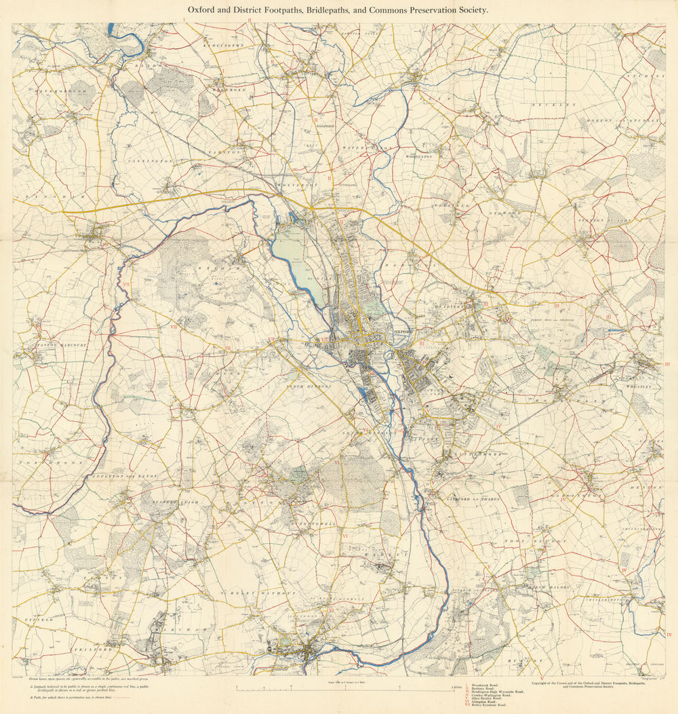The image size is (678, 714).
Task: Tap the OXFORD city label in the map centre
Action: (403, 332)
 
